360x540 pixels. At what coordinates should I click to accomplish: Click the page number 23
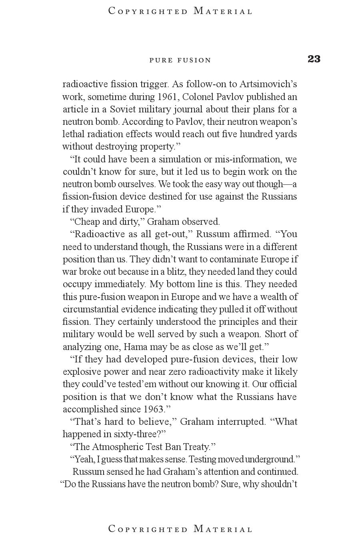[x=314, y=59]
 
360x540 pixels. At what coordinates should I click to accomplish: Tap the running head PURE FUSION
[x=180, y=60]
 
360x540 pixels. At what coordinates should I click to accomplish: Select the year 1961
[x=168, y=97]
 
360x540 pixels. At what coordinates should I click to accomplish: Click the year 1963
[x=154, y=409]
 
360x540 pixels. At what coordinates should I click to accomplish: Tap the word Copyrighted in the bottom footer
[x=148, y=529]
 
